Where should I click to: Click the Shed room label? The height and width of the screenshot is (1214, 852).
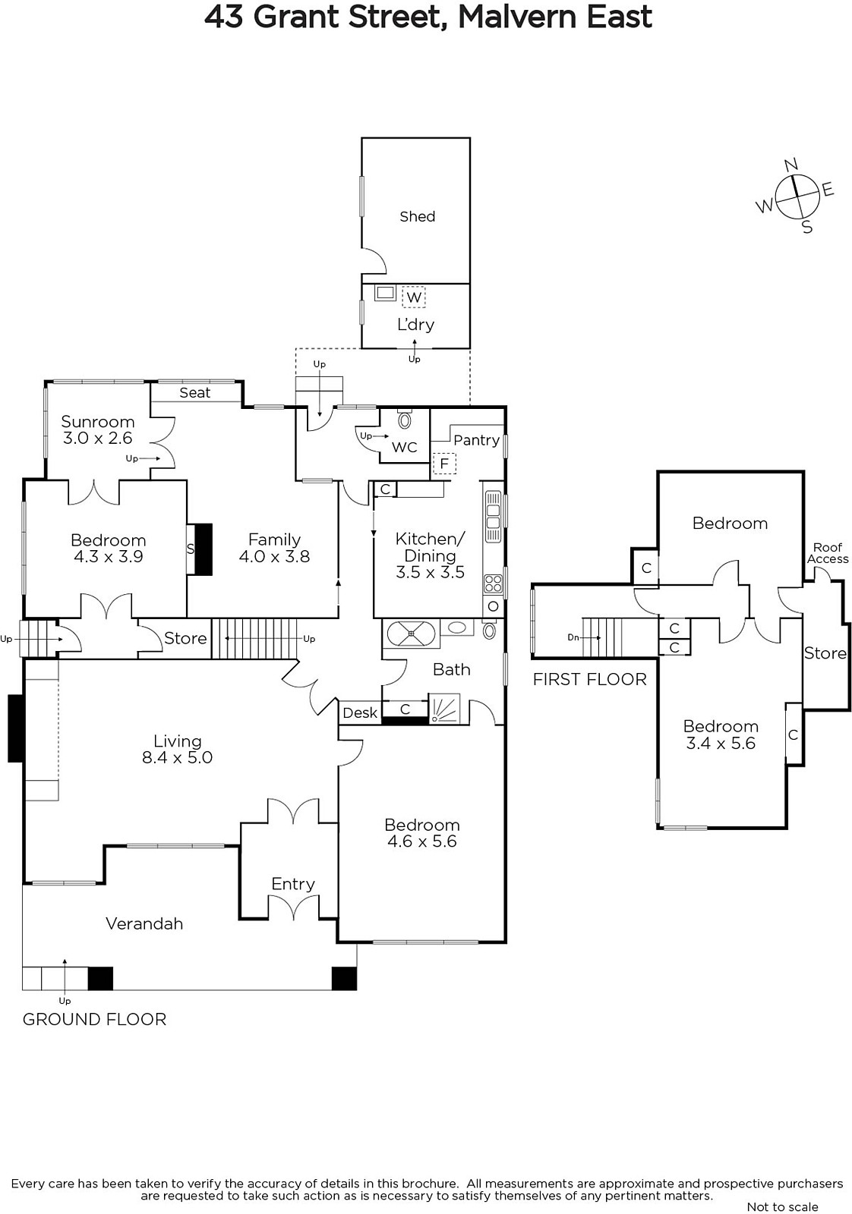click(417, 217)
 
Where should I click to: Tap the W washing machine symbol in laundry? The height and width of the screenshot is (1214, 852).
click(414, 297)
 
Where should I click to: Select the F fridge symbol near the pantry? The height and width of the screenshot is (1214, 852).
click(444, 464)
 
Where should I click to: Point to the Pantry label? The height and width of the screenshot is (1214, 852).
click(476, 440)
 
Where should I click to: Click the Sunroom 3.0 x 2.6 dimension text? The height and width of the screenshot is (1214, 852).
click(98, 438)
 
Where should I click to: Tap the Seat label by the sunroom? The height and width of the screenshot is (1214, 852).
click(194, 392)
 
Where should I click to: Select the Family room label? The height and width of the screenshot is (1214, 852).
click(274, 539)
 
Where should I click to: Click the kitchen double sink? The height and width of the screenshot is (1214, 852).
click(493, 517)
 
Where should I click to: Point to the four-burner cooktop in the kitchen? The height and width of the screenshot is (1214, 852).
click(493, 584)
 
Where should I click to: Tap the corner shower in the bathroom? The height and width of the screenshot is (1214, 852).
click(444, 709)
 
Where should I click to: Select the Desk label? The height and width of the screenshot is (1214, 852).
click(360, 712)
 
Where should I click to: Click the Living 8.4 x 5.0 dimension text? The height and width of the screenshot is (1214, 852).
click(178, 757)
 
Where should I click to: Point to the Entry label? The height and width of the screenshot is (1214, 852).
click(293, 884)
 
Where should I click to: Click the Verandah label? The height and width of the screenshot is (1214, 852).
click(144, 923)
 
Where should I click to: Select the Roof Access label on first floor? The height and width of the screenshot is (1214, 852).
click(828, 553)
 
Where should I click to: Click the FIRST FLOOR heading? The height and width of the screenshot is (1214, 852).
click(589, 680)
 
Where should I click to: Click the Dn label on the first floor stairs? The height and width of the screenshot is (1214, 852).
click(573, 637)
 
